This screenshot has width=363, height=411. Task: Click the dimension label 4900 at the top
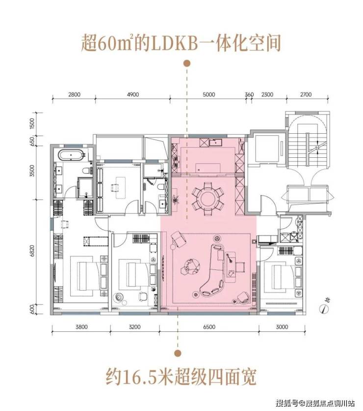pos(133,94)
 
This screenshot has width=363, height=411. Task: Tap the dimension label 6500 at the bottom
pos(209,327)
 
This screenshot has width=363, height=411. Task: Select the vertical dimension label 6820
pos(32,251)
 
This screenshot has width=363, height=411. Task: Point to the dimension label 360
pos(249,94)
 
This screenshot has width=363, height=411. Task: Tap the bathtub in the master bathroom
pos(71,155)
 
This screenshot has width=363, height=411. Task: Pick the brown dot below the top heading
pos(187,63)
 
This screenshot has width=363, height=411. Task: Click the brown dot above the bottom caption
pos(178,353)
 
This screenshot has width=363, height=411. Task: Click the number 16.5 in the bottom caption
pos(137,377)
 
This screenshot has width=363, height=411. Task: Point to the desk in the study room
pos(117,184)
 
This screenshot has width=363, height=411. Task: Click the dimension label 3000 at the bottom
pos(282,327)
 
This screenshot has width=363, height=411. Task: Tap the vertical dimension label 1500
pos(32,123)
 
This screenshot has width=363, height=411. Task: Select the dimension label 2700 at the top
pos(306,94)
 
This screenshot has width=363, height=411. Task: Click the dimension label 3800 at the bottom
pos(81,327)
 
